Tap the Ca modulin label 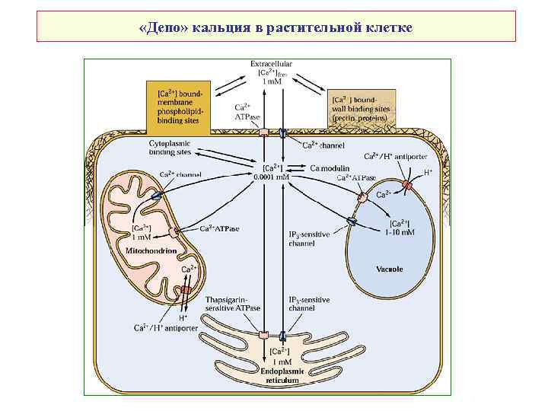(x=330, y=167)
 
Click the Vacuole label (x=389, y=269)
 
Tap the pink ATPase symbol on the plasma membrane (x=264, y=132)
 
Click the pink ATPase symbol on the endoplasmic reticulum (x=264, y=335)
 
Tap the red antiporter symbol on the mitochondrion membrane (x=186, y=291)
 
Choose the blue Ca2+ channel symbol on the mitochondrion (x=156, y=196)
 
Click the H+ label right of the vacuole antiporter (x=428, y=173)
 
